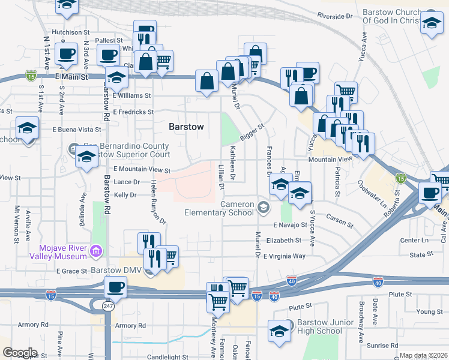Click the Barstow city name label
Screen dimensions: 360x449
tap(186, 127)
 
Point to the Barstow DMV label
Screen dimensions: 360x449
tap(119, 271)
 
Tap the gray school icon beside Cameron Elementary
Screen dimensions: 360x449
tap(263, 208)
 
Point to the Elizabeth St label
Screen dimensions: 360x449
tap(283, 240)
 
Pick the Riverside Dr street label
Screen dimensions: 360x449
tap(335, 16)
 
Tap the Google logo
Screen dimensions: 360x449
tap(20, 353)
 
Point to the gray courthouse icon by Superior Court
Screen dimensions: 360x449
tap(73, 148)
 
